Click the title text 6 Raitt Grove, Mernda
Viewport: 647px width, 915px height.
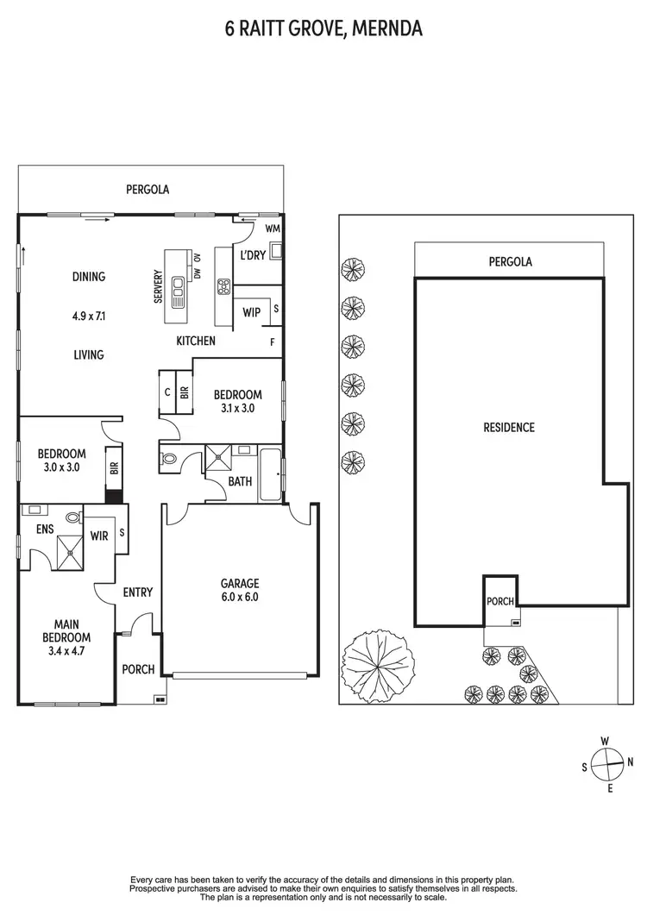coord(323,30)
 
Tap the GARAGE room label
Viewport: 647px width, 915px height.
coord(239,583)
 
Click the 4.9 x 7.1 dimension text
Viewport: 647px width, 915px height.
coord(88,316)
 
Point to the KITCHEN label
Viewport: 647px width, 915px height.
coord(196,341)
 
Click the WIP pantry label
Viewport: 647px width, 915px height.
coord(252,312)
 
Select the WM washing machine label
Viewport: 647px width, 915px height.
coord(272,229)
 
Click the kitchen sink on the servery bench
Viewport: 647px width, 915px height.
coord(179,291)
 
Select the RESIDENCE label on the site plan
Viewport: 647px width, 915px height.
coord(508,427)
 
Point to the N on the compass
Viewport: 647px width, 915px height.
coord(631,761)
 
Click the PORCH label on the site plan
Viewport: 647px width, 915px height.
coord(500,601)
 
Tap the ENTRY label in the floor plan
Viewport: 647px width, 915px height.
coord(138,592)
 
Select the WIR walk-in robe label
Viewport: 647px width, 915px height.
coord(98,536)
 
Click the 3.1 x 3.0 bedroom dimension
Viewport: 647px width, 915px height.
coord(237,409)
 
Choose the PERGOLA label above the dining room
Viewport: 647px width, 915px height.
coord(148,188)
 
